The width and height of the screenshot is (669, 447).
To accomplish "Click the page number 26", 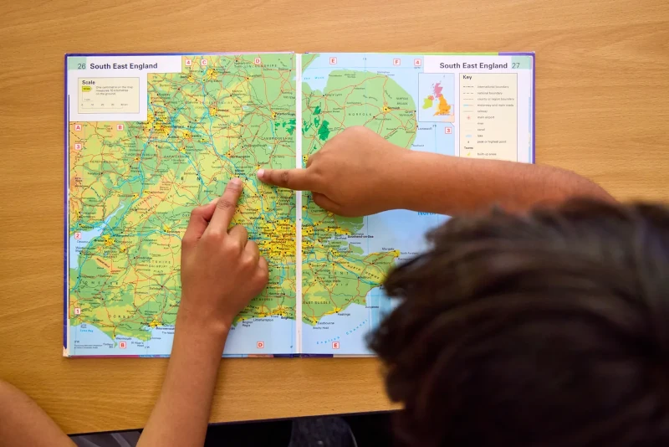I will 81,66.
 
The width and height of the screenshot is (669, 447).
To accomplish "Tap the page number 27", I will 516,65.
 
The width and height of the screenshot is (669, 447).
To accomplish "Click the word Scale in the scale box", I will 89,82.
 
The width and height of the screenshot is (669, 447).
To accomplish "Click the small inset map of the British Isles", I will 437,97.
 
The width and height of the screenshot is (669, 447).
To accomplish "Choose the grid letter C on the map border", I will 203,62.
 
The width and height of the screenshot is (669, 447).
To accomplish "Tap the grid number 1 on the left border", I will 78,311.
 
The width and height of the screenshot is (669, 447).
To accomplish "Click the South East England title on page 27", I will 473,65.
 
